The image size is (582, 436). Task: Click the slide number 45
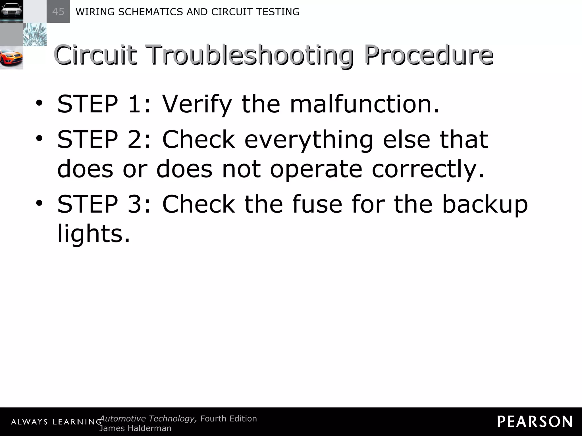pyautogui.click(x=58, y=12)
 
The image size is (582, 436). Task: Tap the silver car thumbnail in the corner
pyautogui.click(x=11, y=11)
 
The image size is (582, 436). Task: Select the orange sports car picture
pyautogui.click(x=11, y=58)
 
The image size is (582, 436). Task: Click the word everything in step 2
pyautogui.click(x=309, y=140)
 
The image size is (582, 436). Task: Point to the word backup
pyautogui.click(x=485, y=204)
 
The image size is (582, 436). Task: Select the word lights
pyautogui.click(x=93, y=234)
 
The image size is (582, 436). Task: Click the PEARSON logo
pyautogui.click(x=535, y=422)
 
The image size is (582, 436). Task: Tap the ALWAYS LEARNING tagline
pyautogui.click(x=56, y=422)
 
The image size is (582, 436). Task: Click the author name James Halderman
pyautogui.click(x=135, y=428)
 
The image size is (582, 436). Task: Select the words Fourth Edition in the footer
pyautogui.click(x=228, y=418)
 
